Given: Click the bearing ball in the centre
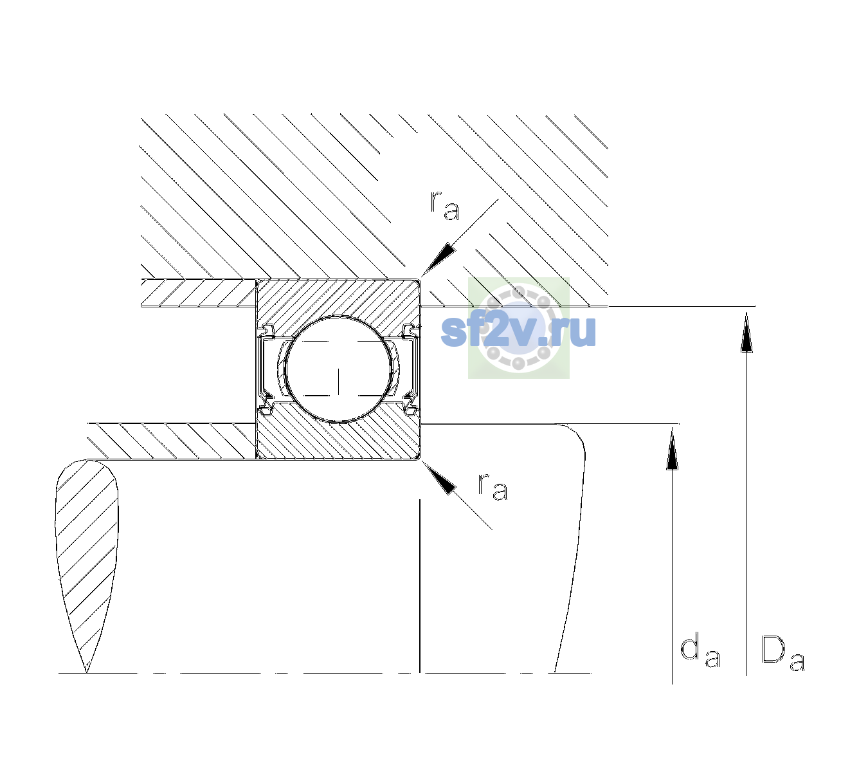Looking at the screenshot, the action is (338, 369).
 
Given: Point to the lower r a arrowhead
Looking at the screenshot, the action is (439, 478).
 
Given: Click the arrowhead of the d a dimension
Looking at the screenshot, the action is (672, 448).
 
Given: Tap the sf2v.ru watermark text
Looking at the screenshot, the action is (518, 331).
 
